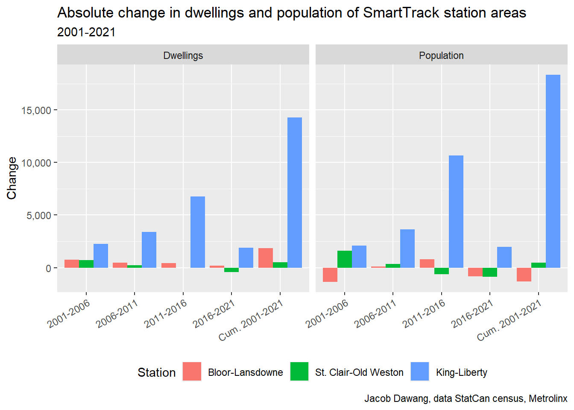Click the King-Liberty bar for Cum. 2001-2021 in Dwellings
(294, 193)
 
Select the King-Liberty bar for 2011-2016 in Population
(456, 211)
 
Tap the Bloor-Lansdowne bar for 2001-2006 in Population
(330, 275)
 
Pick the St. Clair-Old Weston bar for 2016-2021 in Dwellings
(231, 270)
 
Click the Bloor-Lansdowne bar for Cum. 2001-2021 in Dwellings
(265, 258)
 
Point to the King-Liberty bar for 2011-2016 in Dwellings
(198, 232)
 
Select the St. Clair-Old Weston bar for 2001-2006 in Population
(345, 259)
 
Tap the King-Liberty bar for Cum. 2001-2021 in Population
(553, 171)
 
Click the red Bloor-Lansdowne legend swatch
(192, 372)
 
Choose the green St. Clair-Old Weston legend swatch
(299, 372)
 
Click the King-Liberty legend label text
(461, 372)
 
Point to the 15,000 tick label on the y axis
(36, 111)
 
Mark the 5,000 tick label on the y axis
(39, 216)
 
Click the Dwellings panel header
(183, 55)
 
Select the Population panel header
(441, 55)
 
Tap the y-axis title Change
(12, 178)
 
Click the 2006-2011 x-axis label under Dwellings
(117, 314)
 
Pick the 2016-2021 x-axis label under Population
(472, 314)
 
